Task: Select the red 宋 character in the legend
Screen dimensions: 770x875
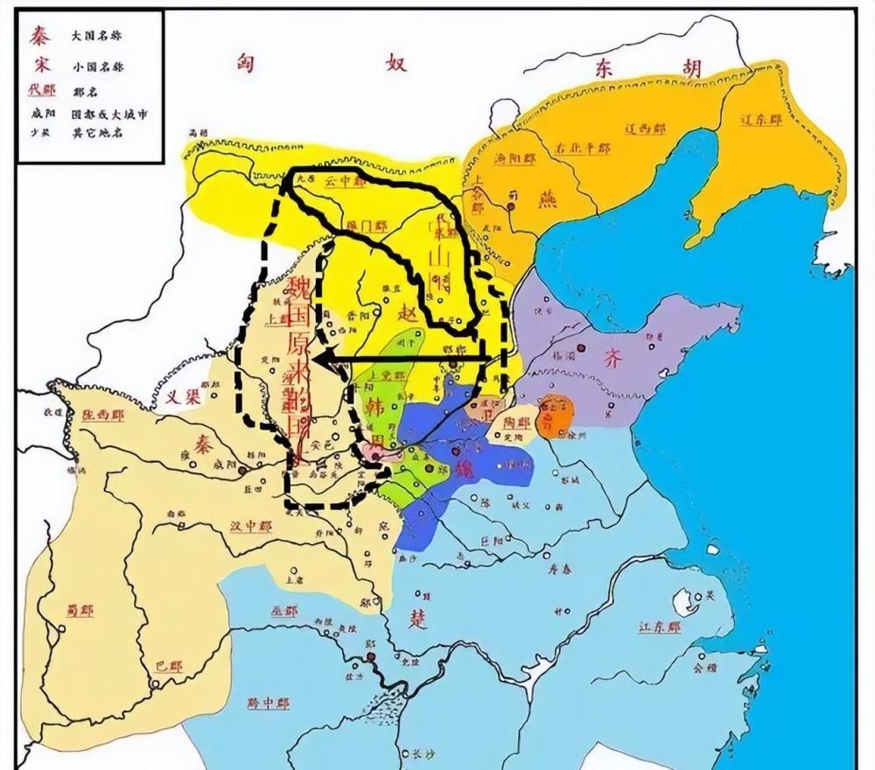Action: coord(38,64)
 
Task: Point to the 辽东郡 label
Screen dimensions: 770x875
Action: coord(757,118)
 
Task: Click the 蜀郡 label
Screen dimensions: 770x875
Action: coord(80,610)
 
